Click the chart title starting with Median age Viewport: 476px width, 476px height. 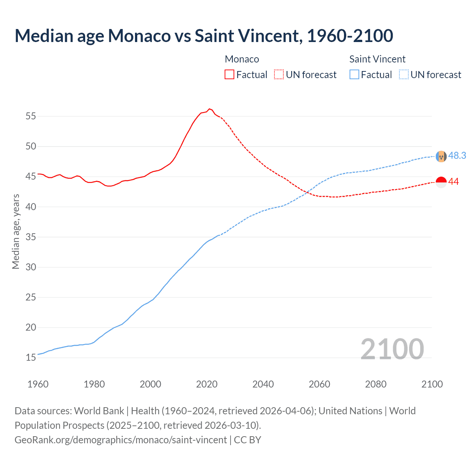pyautogui.click(x=204, y=36)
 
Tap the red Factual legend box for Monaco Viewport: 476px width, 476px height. pyautogui.click(x=229, y=74)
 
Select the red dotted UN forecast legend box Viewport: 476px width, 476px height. pyautogui.click(x=279, y=74)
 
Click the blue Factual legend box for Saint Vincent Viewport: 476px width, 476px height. pyautogui.click(x=354, y=74)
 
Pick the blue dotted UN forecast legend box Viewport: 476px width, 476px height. pyautogui.click(x=404, y=74)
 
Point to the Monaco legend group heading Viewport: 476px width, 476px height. pyautogui.click(x=242, y=59)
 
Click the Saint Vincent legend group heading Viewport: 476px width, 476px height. pyautogui.click(x=377, y=59)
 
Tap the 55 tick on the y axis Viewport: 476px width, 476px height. pyautogui.click(x=31, y=116)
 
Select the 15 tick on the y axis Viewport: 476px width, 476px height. pyautogui.click(x=31, y=358)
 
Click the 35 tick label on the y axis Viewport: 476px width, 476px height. pyautogui.click(x=31, y=237)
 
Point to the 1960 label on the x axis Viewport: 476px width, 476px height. pyautogui.click(x=38, y=384)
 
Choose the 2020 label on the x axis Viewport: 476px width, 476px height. pyautogui.click(x=207, y=384)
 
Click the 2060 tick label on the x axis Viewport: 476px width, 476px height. pyautogui.click(x=319, y=384)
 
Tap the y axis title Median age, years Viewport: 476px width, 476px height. pyautogui.click(x=16, y=231)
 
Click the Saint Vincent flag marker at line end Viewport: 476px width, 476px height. pyautogui.click(x=441, y=156)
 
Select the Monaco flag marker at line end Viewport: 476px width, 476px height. pyautogui.click(x=441, y=182)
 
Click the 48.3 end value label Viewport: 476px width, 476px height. pyautogui.click(x=457, y=155)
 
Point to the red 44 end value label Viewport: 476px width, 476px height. pyautogui.click(x=453, y=182)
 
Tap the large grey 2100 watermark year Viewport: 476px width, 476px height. pyautogui.click(x=392, y=349)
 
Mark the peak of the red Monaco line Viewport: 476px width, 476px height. pyautogui.click(x=209, y=109)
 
